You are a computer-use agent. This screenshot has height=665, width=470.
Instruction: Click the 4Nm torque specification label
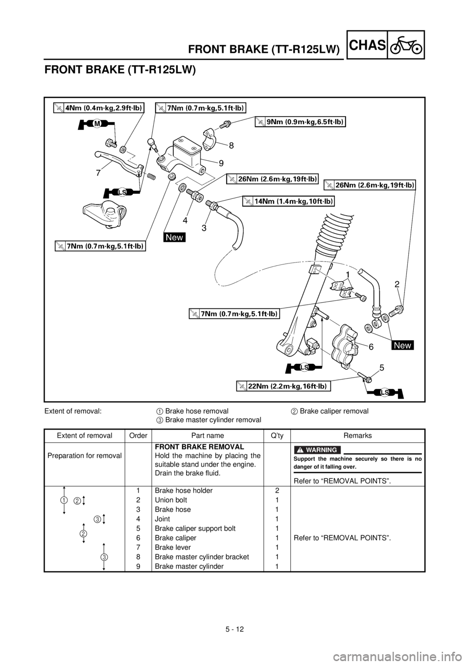[x=99, y=108]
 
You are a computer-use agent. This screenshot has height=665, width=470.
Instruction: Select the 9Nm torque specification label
[x=300, y=122]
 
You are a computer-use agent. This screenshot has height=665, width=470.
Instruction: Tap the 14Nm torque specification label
[x=288, y=201]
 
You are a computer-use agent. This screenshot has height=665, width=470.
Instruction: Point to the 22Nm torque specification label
[x=283, y=386]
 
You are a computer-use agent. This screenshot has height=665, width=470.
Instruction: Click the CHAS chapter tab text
[x=367, y=45]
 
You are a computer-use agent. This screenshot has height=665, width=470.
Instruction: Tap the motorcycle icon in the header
[x=406, y=46]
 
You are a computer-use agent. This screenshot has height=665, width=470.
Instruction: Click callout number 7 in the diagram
[x=98, y=173]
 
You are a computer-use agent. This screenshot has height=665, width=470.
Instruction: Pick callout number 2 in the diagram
[x=397, y=285]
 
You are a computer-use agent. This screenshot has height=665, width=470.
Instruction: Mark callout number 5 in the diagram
[x=381, y=368]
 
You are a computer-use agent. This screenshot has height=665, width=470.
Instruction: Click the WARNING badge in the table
[x=317, y=450]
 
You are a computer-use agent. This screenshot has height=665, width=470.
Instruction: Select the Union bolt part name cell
[x=171, y=499]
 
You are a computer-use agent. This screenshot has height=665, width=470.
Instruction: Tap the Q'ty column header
[x=277, y=435]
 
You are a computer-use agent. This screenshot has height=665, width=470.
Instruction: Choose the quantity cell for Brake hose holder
[x=277, y=490]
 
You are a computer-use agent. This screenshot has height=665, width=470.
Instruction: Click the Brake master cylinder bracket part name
[x=202, y=557]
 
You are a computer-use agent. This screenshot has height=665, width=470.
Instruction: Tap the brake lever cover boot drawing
[x=104, y=215]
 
